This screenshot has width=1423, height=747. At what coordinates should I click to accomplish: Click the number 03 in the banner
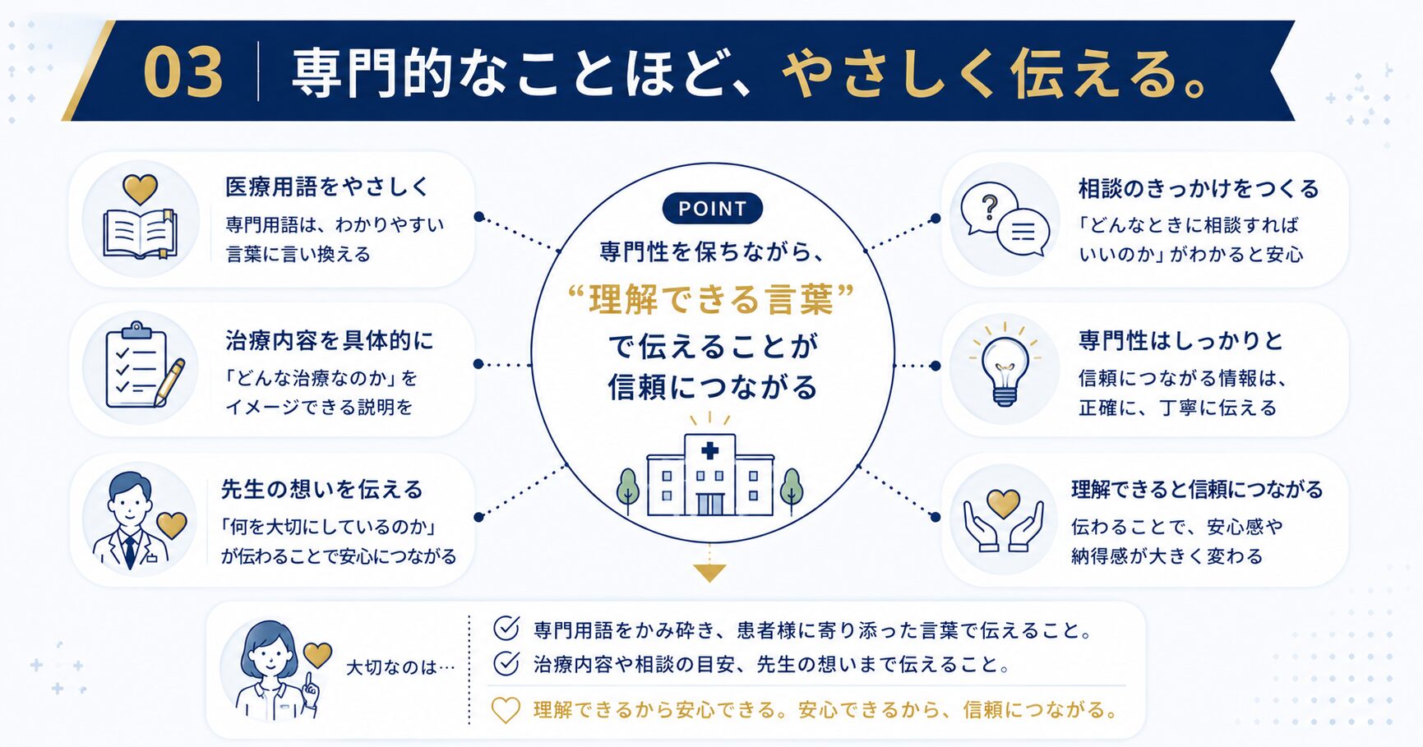(x=182, y=72)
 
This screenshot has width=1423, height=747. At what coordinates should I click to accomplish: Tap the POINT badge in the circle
(x=712, y=209)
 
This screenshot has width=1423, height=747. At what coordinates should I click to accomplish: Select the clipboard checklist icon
(x=145, y=366)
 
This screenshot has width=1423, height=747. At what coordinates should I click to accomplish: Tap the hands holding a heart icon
(x=1003, y=520)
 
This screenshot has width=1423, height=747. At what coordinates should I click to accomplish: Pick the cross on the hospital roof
(x=710, y=450)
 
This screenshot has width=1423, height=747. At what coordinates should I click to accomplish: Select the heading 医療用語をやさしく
(x=327, y=187)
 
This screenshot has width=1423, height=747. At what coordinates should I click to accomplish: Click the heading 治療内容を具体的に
(x=329, y=341)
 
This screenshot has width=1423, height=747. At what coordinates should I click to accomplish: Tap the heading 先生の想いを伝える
(x=321, y=490)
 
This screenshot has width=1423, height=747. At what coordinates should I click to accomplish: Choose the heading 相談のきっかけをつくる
(x=1199, y=189)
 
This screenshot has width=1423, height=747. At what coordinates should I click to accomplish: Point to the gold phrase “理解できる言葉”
(x=711, y=299)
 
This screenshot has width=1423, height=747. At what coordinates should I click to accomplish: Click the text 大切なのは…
(x=400, y=667)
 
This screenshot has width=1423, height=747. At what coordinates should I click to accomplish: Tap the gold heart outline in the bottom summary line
(x=506, y=710)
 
